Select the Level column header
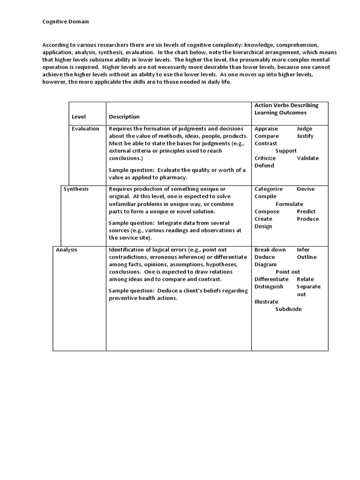coord(79,117)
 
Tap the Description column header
coord(124,117)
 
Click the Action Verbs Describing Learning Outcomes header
coord(286,109)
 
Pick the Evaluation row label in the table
coord(85,128)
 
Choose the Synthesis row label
coord(76,189)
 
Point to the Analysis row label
coord(67,250)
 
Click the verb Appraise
coord(266,128)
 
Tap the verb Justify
coord(305,136)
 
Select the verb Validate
coord(307,158)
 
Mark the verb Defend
coord(264,165)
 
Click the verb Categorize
coord(269,189)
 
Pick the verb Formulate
coord(289,204)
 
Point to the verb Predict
coord(306,211)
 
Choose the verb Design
coord(263,226)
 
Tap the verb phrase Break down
coord(270,250)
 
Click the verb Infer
coord(303,250)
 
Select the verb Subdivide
coord(288,309)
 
